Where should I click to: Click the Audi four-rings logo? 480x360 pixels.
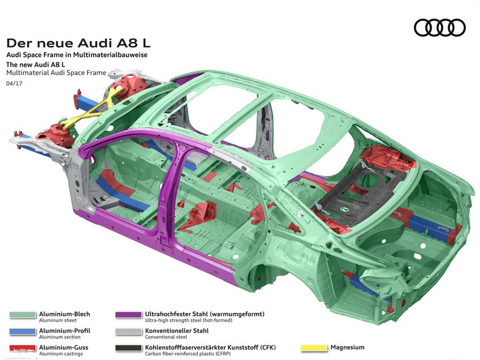pyautogui.click(x=439, y=27)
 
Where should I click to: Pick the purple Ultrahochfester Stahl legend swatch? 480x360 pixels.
pyautogui.click(x=128, y=315)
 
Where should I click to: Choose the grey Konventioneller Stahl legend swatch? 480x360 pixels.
pyautogui.click(x=128, y=331)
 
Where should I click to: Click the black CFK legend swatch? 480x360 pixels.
pyautogui.click(x=128, y=348)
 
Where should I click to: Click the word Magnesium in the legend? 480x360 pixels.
pyautogui.click(x=347, y=348)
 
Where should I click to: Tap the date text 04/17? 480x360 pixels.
pyautogui.click(x=14, y=84)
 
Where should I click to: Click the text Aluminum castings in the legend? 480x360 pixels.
pyautogui.click(x=61, y=354)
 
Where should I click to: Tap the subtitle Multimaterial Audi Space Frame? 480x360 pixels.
pyautogui.click(x=56, y=73)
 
